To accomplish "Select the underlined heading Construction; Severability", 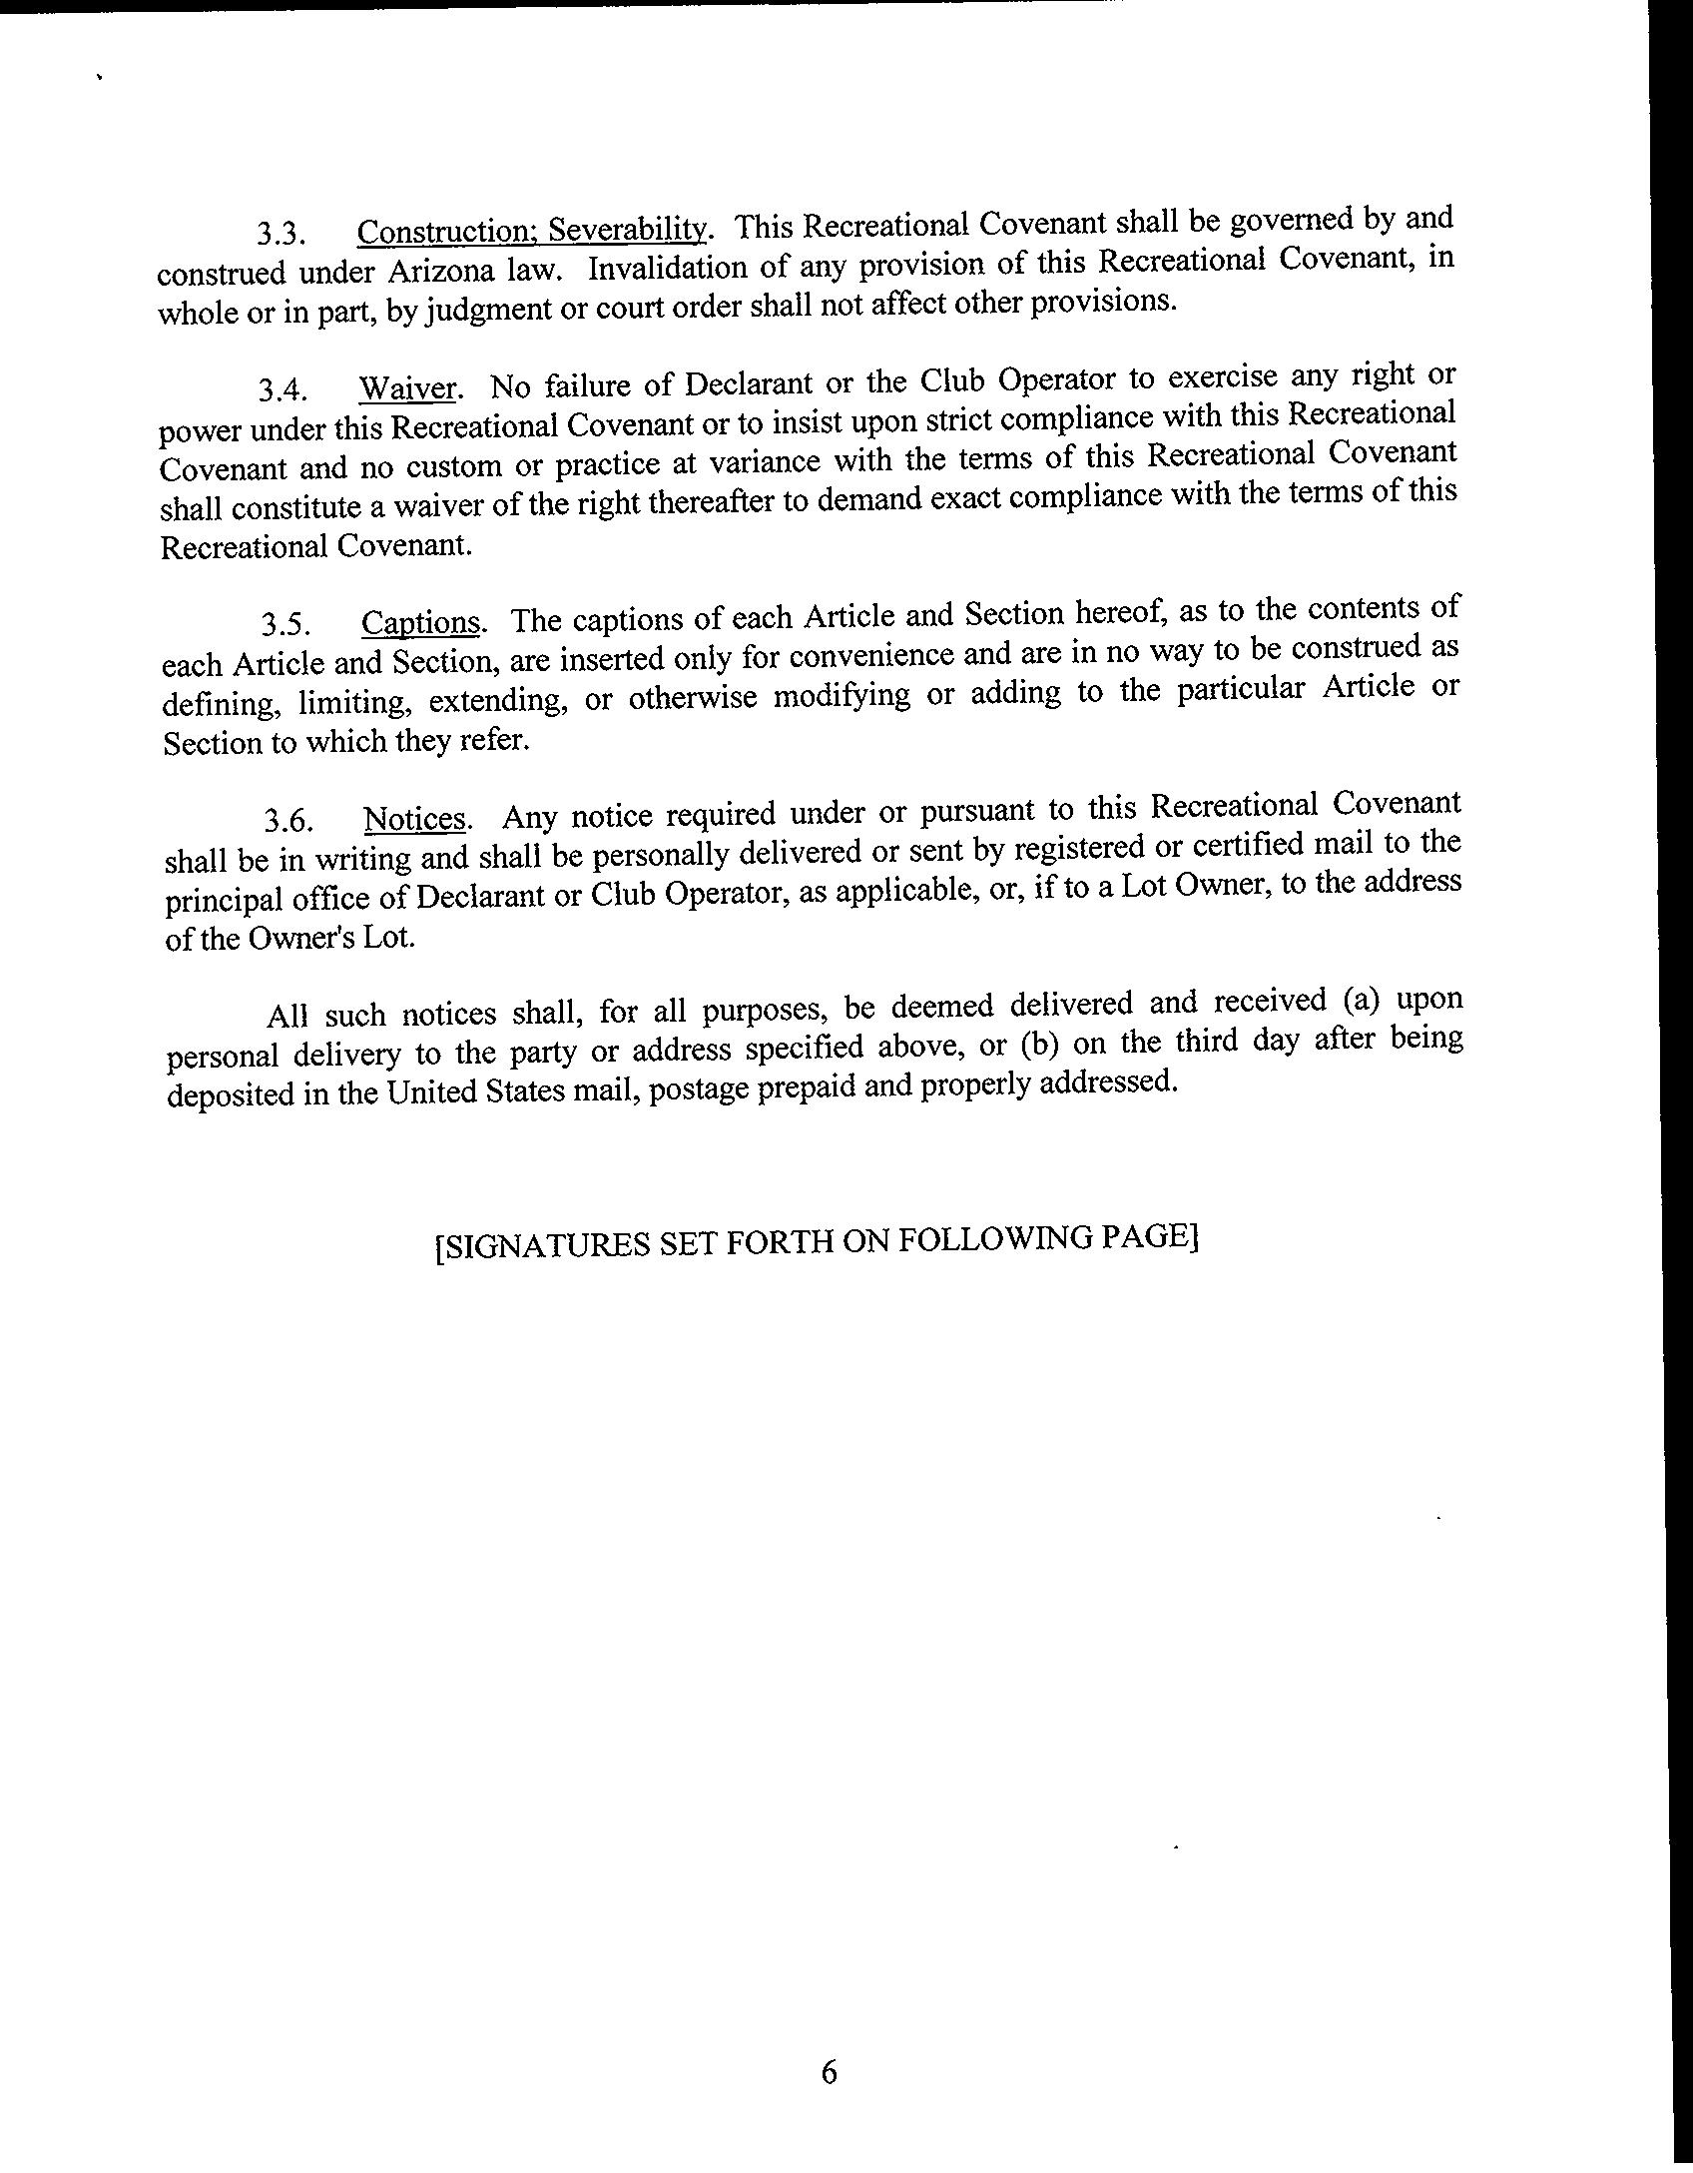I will click(x=532, y=231).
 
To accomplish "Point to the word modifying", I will click(x=842, y=695).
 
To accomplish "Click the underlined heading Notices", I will click(x=415, y=819).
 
